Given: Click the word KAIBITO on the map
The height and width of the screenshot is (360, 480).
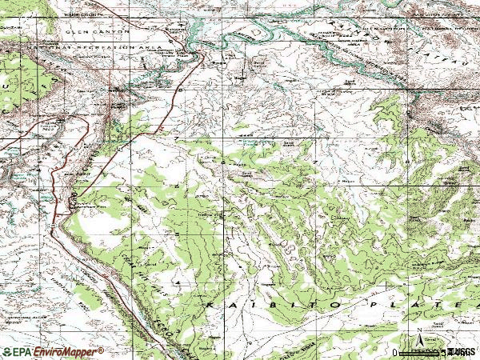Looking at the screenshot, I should (x=259, y=306).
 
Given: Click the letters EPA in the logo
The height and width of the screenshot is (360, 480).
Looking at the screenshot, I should (x=19, y=351).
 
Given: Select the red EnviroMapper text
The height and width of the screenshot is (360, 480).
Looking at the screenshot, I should (x=65, y=351).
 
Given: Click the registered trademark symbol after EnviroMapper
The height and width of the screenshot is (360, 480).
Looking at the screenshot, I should (x=101, y=349).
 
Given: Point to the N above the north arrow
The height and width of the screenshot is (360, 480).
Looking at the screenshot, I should (x=418, y=330).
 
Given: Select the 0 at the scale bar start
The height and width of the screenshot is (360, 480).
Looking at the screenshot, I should (x=396, y=352).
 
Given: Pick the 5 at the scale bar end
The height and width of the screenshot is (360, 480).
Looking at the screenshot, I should (x=445, y=352).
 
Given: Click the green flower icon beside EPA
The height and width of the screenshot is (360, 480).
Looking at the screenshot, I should (x=7, y=351).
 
